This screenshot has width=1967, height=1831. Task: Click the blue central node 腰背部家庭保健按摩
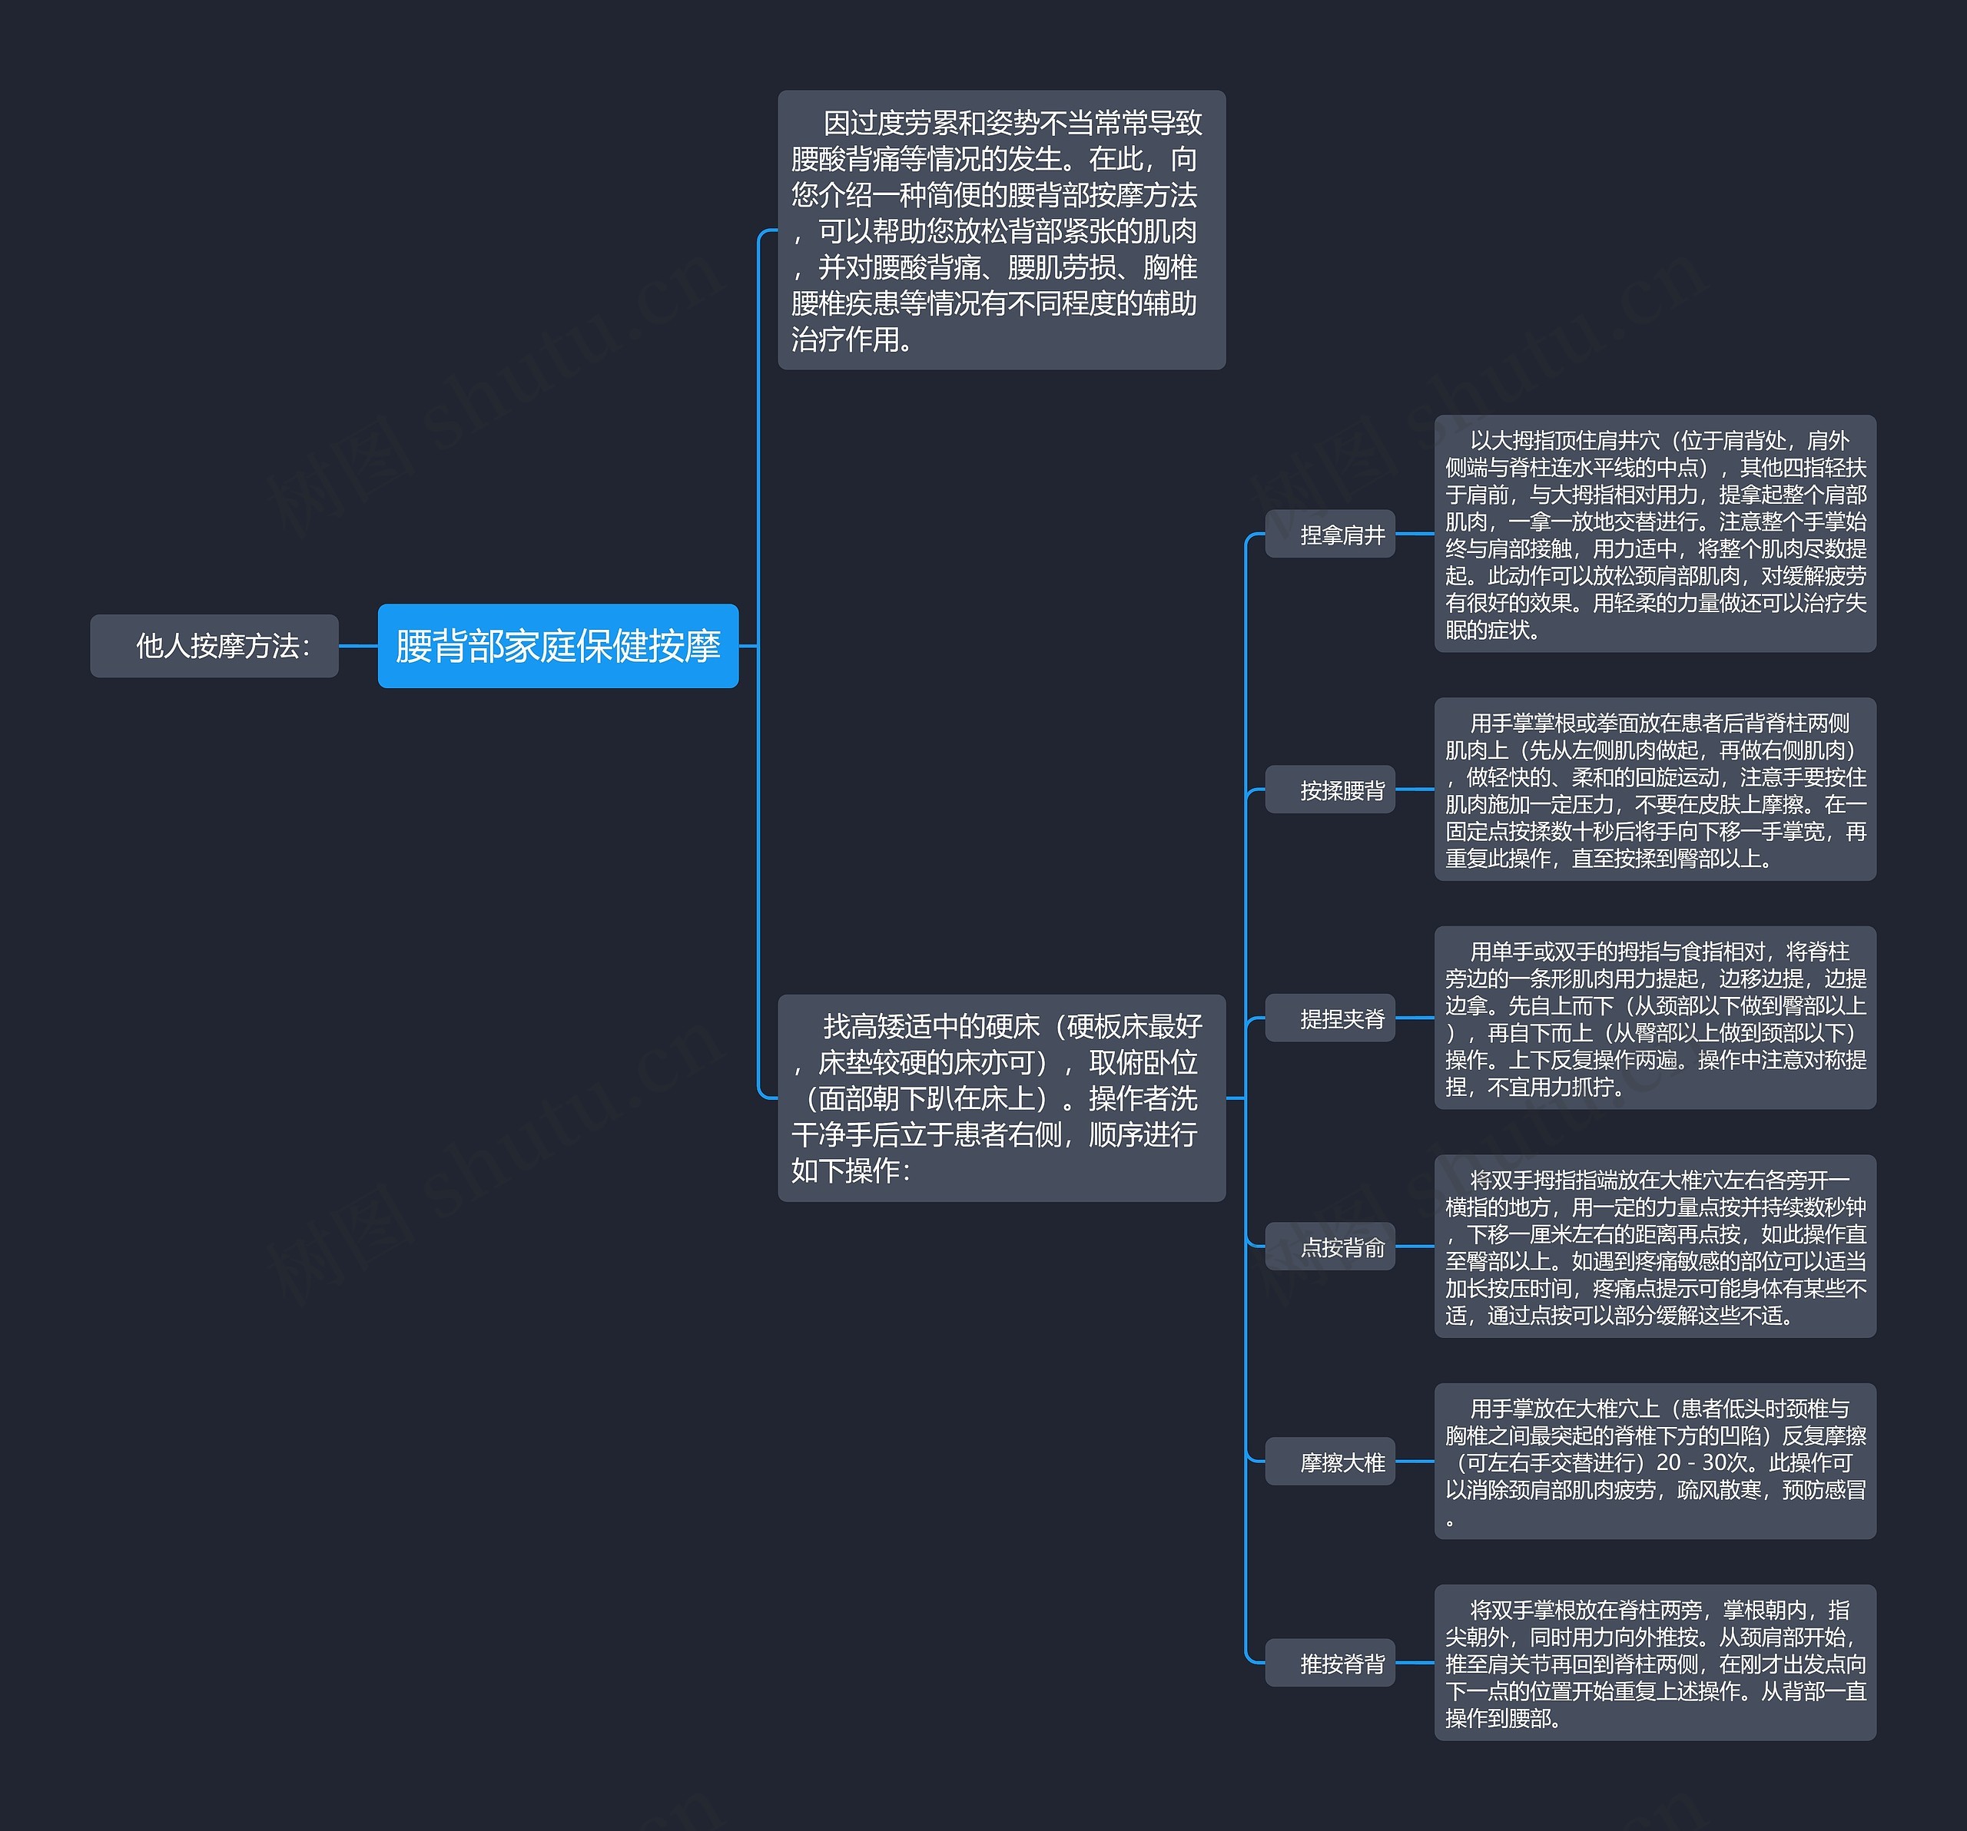[x=558, y=646]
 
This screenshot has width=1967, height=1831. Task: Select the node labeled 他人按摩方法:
[x=214, y=646]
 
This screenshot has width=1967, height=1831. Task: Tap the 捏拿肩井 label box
[x=1330, y=534]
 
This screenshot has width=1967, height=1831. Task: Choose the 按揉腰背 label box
[x=1330, y=790]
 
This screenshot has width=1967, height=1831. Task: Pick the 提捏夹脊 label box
[x=1330, y=1018]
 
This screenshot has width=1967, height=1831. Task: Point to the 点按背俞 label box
[x=1330, y=1247]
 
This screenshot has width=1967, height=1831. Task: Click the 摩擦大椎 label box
[x=1330, y=1461]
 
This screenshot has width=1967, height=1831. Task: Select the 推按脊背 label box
[x=1330, y=1663]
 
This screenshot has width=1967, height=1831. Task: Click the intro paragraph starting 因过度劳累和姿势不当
[x=1001, y=230]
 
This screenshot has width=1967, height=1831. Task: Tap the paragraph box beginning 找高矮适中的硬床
[x=1001, y=1098]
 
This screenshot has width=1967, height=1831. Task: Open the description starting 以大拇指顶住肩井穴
[x=1654, y=534]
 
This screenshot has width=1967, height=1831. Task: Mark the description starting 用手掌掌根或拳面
[x=1654, y=790]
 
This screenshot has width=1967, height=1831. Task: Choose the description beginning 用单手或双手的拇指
[x=1654, y=1018]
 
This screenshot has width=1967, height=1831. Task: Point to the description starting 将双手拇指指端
[x=1654, y=1247]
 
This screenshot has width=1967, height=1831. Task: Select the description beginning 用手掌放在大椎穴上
[x=1654, y=1461]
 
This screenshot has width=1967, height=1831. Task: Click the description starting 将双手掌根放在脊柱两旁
[x=1654, y=1663]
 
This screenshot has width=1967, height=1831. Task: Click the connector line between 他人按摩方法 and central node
[x=358, y=646]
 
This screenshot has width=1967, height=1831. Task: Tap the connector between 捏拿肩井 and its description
[x=1415, y=534]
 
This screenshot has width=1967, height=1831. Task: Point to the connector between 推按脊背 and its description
[x=1415, y=1663]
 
